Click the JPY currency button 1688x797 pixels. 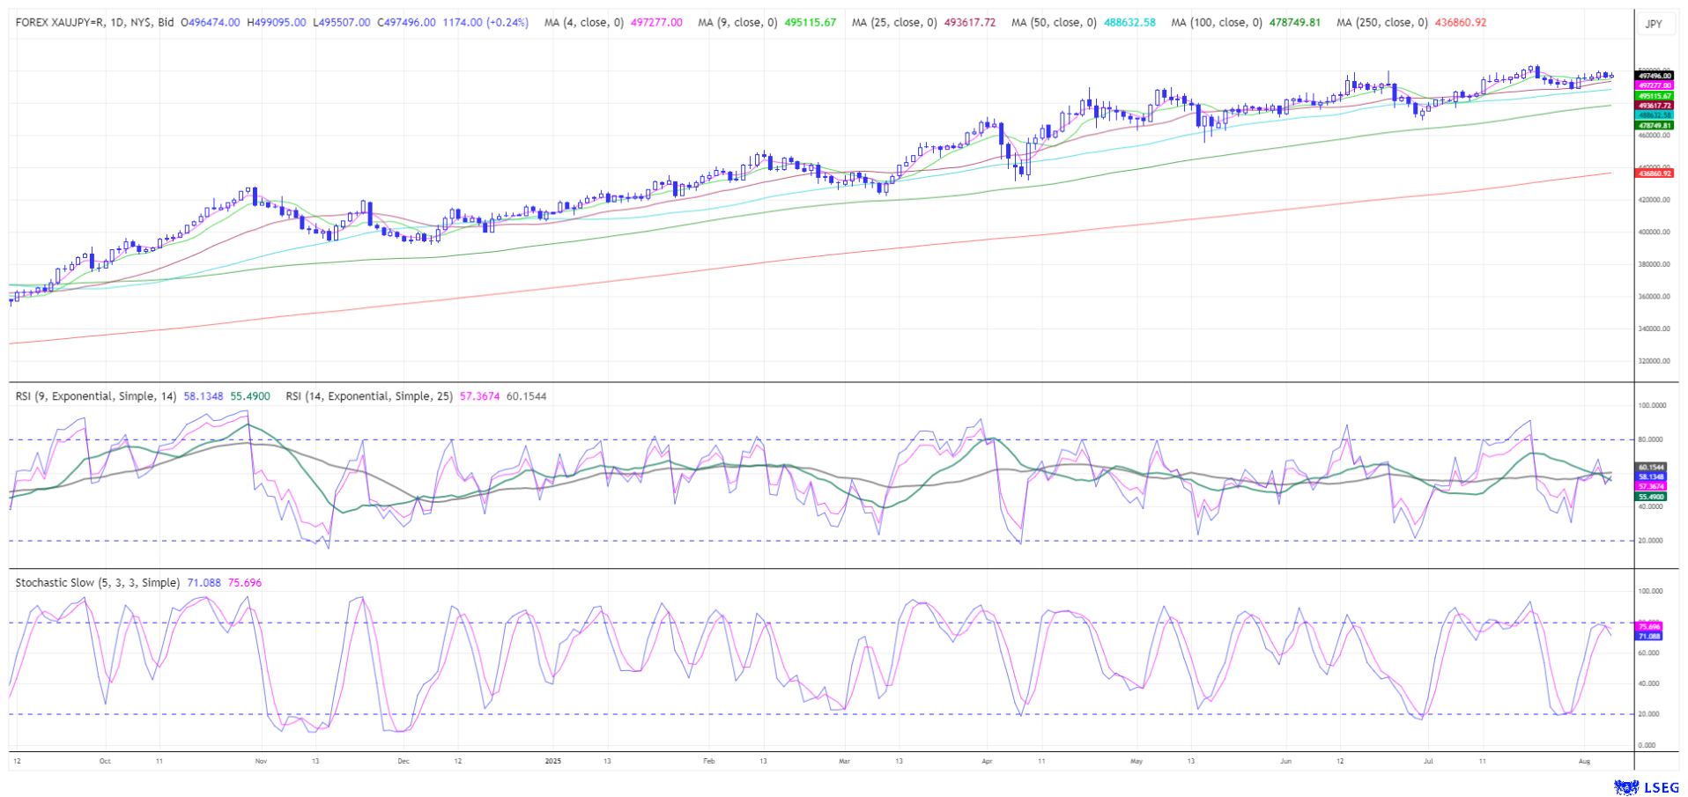pyautogui.click(x=1654, y=24)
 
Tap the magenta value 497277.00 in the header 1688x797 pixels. pyautogui.click(x=656, y=23)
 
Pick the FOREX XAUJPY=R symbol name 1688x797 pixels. pyautogui.click(x=64, y=23)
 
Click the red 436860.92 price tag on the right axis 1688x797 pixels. pyautogui.click(x=1654, y=173)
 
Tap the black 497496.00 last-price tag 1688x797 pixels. pyautogui.click(x=1654, y=76)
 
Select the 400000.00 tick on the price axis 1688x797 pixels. pyautogui.click(x=1654, y=232)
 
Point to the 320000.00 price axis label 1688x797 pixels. pyautogui.click(x=1654, y=361)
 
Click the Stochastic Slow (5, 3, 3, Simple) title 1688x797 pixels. pyautogui.click(x=98, y=583)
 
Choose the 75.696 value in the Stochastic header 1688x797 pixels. pyautogui.click(x=244, y=583)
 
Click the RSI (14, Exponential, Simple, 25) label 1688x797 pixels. pyautogui.click(x=368, y=396)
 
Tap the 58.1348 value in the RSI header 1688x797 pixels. pyautogui.click(x=204, y=396)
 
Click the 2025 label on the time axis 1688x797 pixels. pyautogui.click(x=552, y=761)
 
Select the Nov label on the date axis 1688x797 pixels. pyautogui.click(x=260, y=761)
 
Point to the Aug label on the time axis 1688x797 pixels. pyautogui.click(x=1584, y=761)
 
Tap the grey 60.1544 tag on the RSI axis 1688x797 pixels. pyautogui.click(x=1651, y=467)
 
